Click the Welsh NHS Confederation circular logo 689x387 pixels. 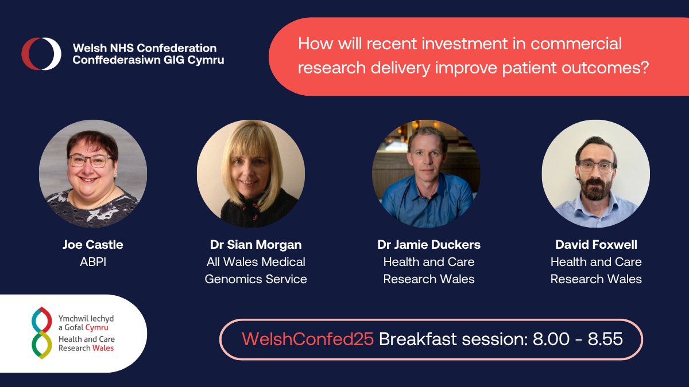pos(41,54)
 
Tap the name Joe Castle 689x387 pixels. pos(93,245)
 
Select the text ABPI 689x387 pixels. pos(93,262)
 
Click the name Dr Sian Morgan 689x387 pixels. pos(256,245)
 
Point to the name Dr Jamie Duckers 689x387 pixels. pos(429,245)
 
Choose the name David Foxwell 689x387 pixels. pos(596,245)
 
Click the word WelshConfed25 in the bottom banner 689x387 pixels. pos(308,339)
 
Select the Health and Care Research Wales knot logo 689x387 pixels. pos(41,333)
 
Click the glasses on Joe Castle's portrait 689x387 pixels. pos(90,161)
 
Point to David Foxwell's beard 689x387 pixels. pos(595,190)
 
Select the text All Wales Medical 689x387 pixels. pos(256,262)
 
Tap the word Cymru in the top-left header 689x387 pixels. pos(206,60)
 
